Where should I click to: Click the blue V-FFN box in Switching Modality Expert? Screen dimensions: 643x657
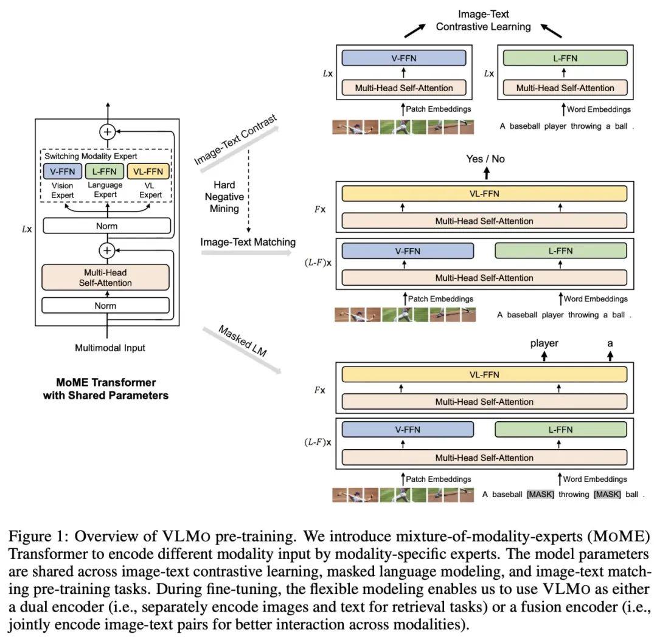tap(62, 171)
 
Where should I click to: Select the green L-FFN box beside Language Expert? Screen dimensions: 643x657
tap(105, 171)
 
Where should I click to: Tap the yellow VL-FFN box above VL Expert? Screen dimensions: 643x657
tap(148, 171)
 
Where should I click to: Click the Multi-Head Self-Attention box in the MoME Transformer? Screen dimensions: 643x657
tap(105, 278)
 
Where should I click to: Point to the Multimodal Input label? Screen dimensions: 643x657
tap(110, 348)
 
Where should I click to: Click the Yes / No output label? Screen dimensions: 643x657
tap(485, 159)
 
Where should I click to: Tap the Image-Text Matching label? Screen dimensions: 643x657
tap(248, 242)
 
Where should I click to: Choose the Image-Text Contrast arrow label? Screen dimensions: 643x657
tap(235, 139)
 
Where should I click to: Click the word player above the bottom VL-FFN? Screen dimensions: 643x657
tap(544, 343)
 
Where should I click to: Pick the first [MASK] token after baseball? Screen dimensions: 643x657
tap(540, 495)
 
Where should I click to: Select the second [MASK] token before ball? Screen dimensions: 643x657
tap(607, 495)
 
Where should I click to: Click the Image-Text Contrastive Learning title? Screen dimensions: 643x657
tap(484, 20)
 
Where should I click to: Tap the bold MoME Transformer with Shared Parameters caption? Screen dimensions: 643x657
tap(105, 389)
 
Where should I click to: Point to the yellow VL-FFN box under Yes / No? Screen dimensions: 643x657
tap(484, 194)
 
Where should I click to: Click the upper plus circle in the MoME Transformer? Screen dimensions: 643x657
tap(108, 131)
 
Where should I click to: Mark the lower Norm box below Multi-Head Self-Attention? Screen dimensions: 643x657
tap(105, 305)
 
